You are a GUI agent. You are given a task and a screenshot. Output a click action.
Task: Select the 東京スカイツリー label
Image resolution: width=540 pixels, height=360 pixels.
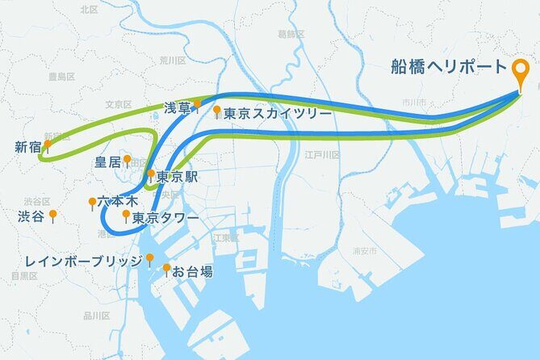(x=278, y=114)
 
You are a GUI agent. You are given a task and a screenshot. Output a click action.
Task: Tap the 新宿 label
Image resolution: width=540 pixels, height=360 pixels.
(x=27, y=147)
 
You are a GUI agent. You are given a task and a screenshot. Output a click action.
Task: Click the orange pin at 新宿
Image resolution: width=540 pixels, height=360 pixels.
(x=48, y=145)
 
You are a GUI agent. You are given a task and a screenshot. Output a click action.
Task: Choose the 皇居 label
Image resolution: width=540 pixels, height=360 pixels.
(x=107, y=161)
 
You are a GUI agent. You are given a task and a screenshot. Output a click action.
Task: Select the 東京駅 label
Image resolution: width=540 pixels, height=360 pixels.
(x=176, y=177)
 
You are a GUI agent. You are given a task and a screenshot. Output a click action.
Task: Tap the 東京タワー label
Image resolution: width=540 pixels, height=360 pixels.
(x=165, y=217)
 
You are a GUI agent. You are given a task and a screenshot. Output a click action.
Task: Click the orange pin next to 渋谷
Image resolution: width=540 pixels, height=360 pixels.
(x=52, y=215)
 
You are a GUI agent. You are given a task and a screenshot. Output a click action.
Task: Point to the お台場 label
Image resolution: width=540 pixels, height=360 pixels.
(x=193, y=272)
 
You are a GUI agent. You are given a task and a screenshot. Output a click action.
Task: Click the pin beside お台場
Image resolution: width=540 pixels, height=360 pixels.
(x=167, y=269)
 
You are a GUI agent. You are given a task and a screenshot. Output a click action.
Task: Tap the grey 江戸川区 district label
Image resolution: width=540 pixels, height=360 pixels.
(x=320, y=153)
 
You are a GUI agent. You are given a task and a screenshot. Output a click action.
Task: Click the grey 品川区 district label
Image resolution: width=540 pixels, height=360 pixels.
(x=98, y=316)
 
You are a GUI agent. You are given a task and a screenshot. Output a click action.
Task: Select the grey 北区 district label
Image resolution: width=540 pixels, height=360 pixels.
(x=90, y=9)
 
